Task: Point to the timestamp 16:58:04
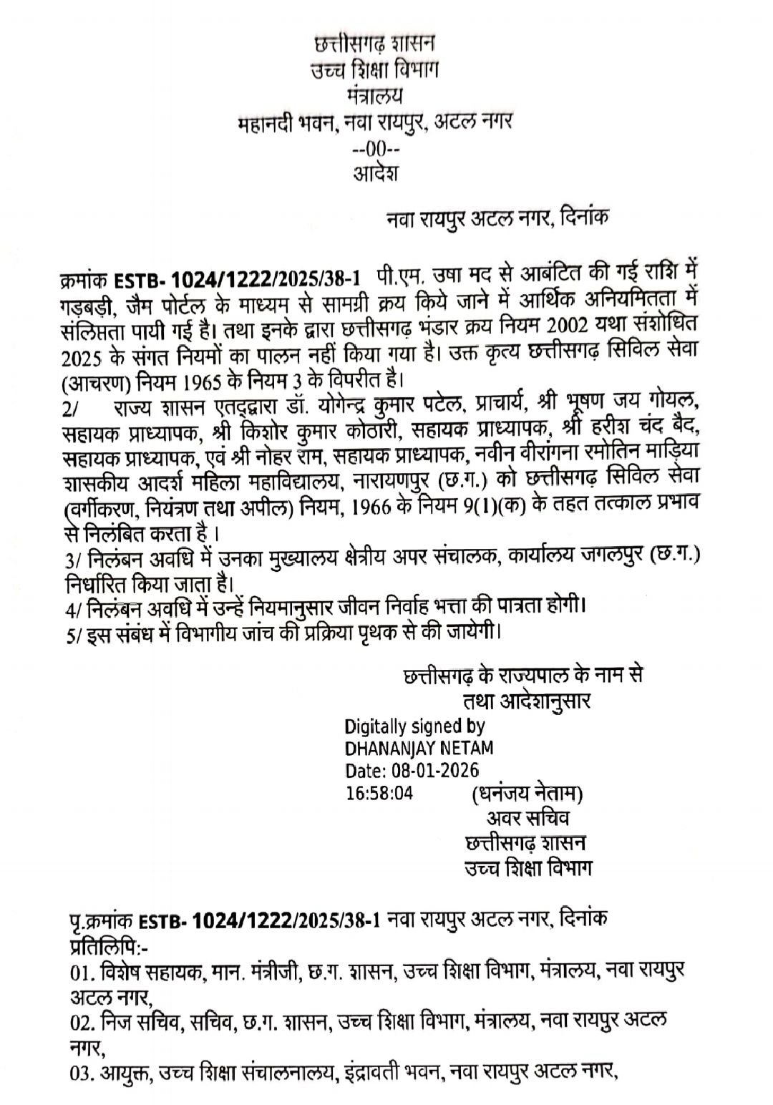point(379,793)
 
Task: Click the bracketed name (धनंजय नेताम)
point(526,794)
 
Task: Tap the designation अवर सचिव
point(528,818)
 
